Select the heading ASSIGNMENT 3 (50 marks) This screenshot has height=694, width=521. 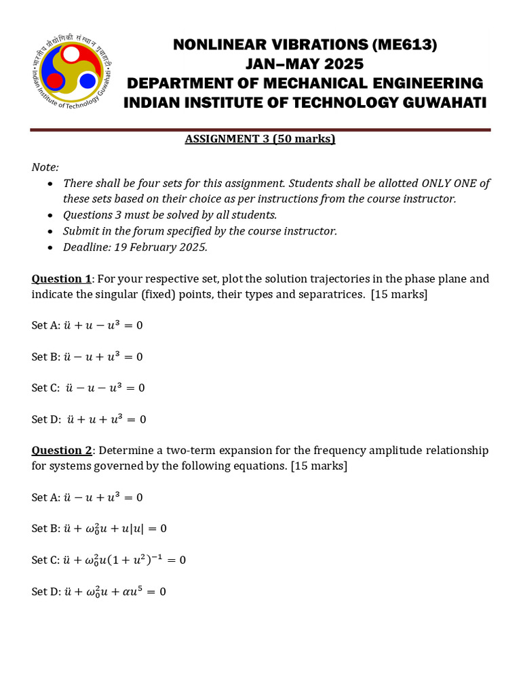pos(260,139)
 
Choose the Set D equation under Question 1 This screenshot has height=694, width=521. pos(106,419)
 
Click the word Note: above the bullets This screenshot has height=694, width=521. pos(45,167)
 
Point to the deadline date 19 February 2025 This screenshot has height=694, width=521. pos(160,247)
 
